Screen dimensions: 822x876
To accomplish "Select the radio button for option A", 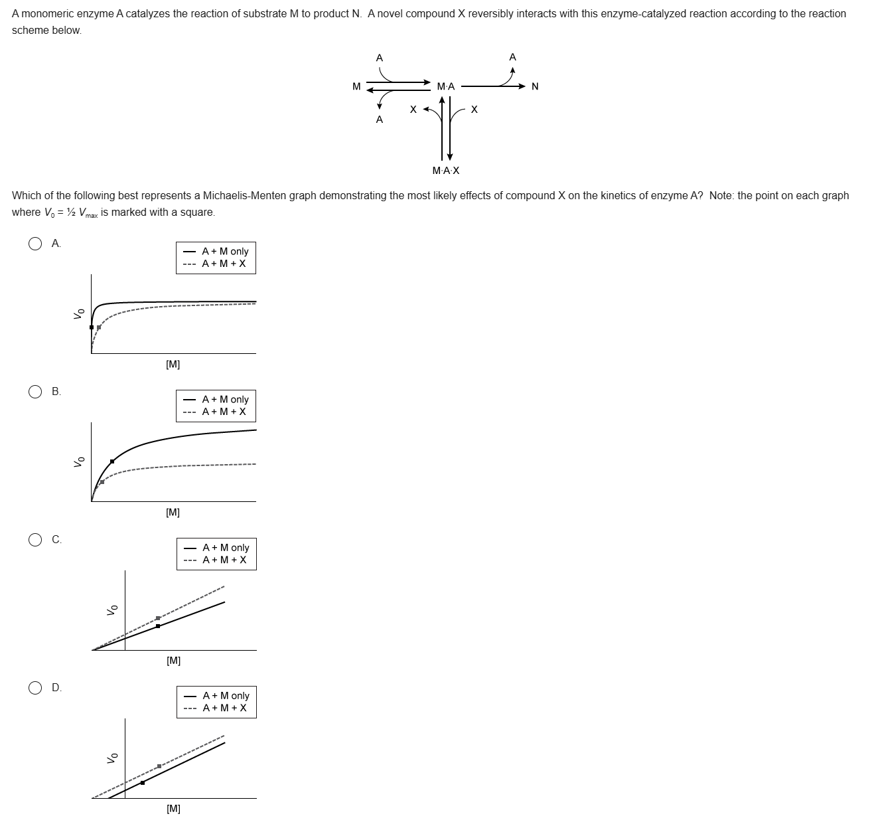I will coord(35,244).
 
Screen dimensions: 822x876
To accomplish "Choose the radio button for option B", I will coord(35,392).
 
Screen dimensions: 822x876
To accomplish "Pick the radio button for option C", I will coord(35,540).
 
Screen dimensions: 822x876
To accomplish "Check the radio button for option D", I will coord(35,688).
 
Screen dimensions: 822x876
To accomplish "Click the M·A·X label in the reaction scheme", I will coord(446,171).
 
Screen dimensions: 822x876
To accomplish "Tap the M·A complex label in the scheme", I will coord(446,86).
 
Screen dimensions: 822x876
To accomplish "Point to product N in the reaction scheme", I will coord(536,86).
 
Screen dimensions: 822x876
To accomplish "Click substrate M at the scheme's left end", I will coord(356,86).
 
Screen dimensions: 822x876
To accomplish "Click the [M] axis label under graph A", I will coord(173,364).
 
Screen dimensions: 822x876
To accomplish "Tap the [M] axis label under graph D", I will coord(174,808).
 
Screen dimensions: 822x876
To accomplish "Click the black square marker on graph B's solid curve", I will coord(112,461).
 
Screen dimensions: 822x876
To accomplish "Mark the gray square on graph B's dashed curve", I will coord(102,481).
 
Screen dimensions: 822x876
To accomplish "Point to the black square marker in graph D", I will coord(143,783).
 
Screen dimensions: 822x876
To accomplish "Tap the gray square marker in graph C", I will coord(158,618).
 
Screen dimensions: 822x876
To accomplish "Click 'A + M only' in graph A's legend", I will coord(225,251).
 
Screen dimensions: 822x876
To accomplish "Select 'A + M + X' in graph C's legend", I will coord(224,560).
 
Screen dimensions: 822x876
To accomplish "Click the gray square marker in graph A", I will coord(99,327).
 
